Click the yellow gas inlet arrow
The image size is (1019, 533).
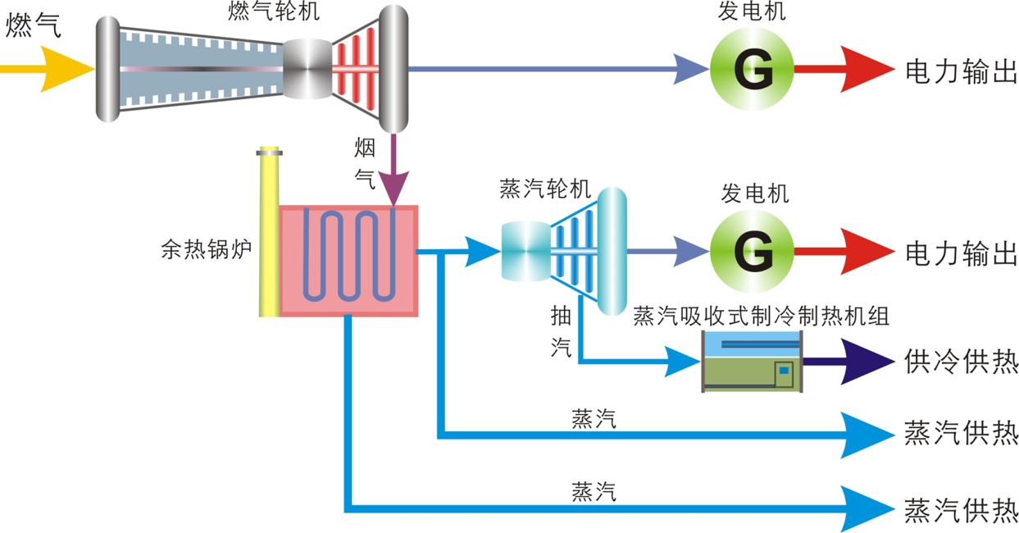(49, 69)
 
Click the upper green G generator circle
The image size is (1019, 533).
(752, 69)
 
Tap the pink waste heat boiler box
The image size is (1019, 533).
(349, 260)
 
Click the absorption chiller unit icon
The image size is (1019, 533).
(752, 362)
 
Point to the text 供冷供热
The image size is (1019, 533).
(961, 361)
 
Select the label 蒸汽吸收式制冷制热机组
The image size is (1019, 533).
(761, 317)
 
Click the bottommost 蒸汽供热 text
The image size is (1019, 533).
(961, 509)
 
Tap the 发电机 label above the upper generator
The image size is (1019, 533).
(752, 12)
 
